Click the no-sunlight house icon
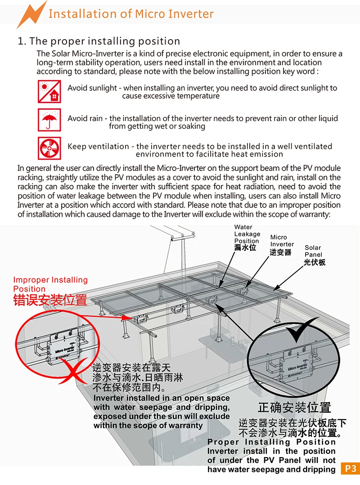[49, 91]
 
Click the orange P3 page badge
[350, 468]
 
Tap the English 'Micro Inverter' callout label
[282, 241]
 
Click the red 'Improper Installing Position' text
[50, 284]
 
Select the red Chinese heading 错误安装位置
[50, 300]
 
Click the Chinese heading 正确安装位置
[294, 408]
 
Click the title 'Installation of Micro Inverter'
[131, 14]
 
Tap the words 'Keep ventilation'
[98, 146]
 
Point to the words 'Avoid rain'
[85, 119]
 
